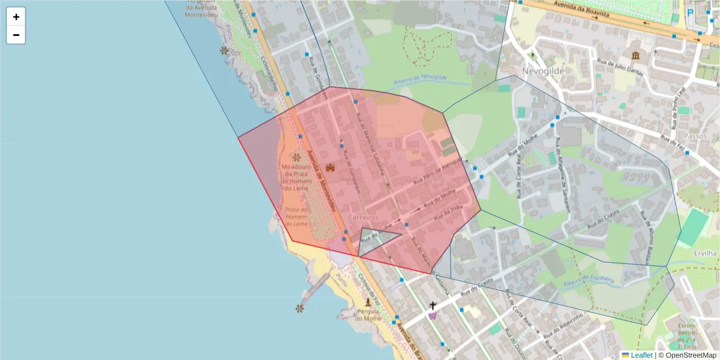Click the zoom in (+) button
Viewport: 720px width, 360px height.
pos(16,17)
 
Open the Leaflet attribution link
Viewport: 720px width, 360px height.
pos(641,355)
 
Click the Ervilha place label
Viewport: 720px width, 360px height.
pos(705,253)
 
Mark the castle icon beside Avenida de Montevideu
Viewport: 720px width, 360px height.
pos(329,169)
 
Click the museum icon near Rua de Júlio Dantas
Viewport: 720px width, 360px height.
pos(635,56)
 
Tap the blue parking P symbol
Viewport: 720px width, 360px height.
pos(690,12)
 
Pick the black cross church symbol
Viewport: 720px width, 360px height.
pos(433,305)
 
